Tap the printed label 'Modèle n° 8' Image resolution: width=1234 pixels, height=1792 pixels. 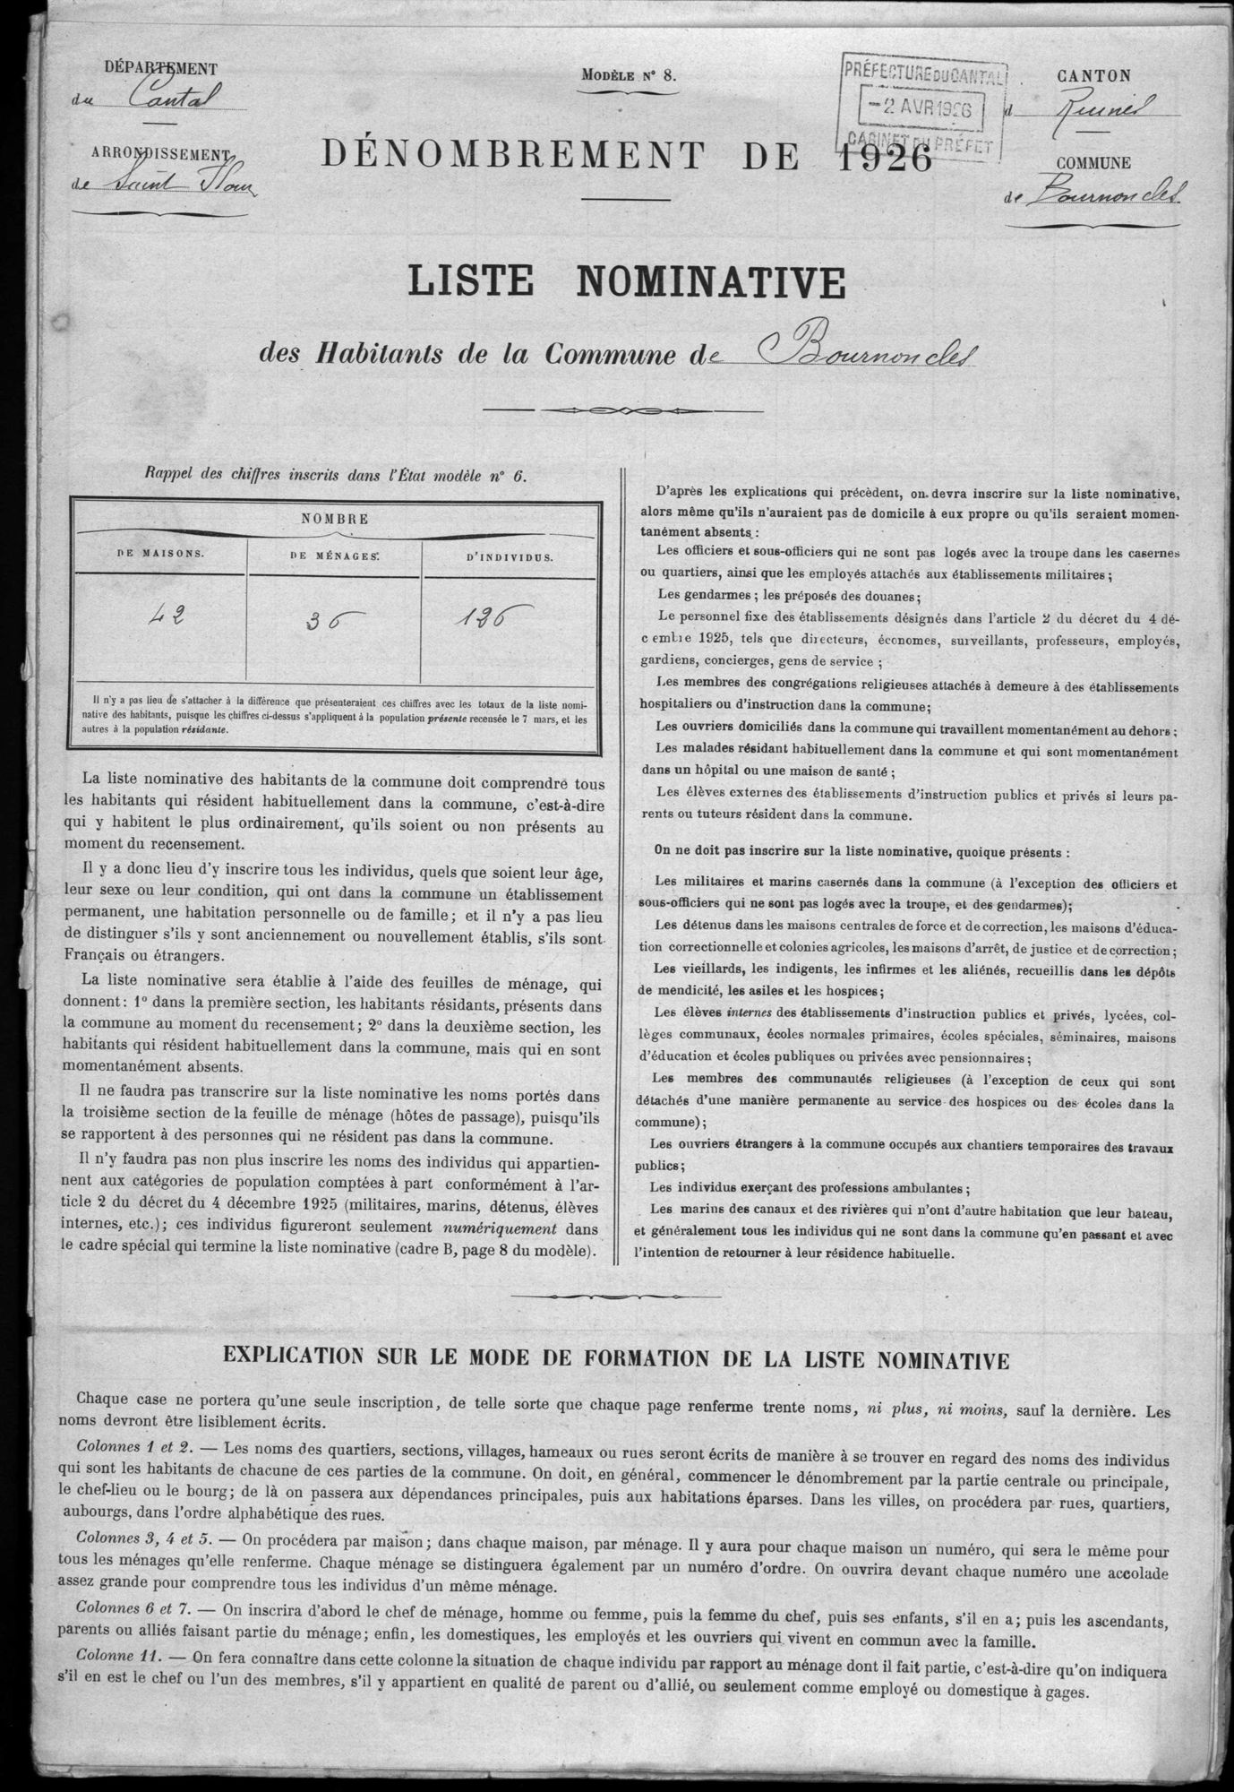click(629, 76)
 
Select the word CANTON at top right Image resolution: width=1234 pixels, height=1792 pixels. click(1093, 77)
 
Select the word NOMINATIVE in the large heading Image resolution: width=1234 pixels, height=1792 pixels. click(711, 283)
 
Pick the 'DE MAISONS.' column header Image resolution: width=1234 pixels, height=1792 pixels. click(160, 554)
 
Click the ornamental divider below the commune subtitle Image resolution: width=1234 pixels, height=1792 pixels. click(623, 410)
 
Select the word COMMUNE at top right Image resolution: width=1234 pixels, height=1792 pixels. click(1093, 163)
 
